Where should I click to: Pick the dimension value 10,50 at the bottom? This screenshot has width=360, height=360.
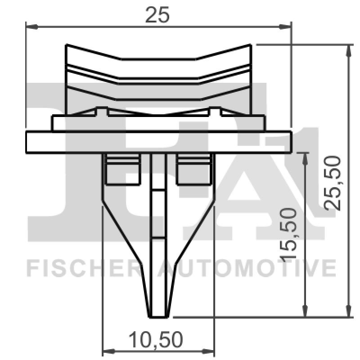(x=156, y=340)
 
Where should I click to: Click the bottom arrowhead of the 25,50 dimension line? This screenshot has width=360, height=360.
(x=348, y=312)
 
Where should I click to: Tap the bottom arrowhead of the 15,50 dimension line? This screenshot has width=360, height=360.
(x=306, y=312)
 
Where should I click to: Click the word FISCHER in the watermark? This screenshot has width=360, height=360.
(x=81, y=269)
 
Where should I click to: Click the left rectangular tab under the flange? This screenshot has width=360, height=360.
(x=121, y=171)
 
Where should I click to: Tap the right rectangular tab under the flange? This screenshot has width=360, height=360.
(x=194, y=171)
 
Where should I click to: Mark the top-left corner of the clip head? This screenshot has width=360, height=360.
(x=67, y=45)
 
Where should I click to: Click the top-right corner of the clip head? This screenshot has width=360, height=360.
(x=250, y=45)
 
